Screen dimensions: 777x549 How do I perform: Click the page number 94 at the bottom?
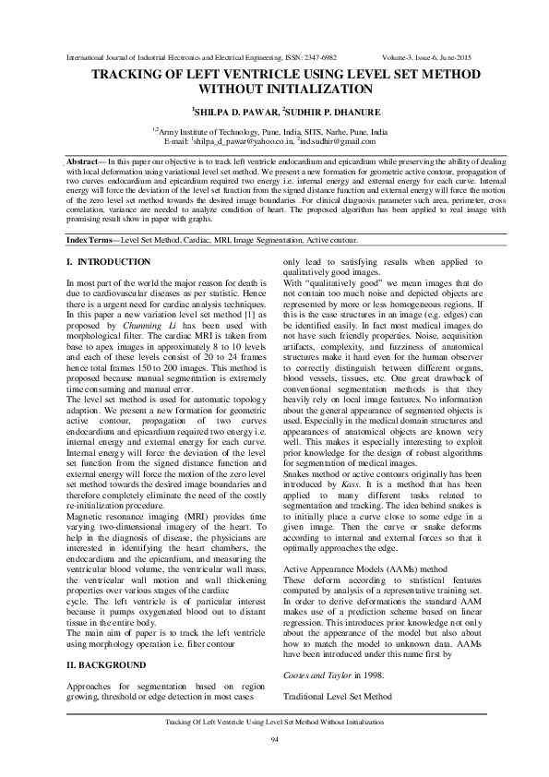274,741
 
